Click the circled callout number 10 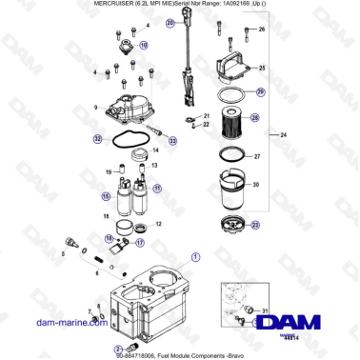[x=144, y=45]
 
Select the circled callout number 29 [x=261, y=92]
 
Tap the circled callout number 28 [x=255, y=118]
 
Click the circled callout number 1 [x=196, y=256]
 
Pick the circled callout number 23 [x=255, y=225]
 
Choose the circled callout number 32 [x=97, y=139]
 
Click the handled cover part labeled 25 [x=229, y=70]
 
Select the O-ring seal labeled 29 [x=230, y=95]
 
